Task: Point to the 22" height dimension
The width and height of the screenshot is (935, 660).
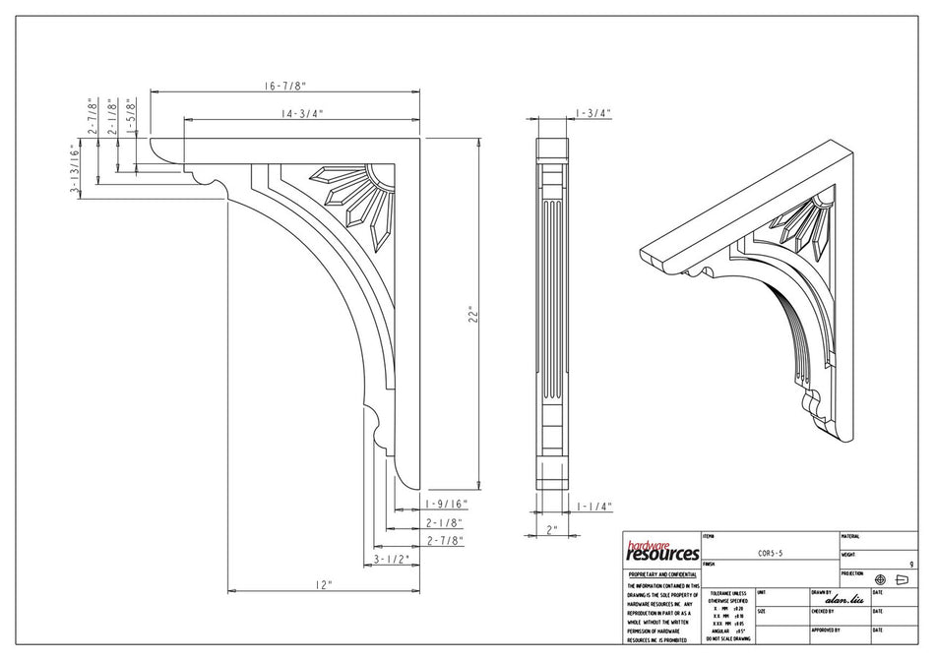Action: click(x=472, y=315)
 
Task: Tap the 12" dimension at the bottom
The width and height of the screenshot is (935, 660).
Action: click(x=324, y=584)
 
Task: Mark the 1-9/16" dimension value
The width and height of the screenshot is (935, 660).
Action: click(x=445, y=504)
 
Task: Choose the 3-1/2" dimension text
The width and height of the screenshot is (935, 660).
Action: click(x=392, y=560)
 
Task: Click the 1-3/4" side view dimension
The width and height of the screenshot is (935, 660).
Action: click(x=592, y=113)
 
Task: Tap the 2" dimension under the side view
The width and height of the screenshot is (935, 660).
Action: click(x=552, y=529)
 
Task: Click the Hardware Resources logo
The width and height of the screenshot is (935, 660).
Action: click(x=661, y=552)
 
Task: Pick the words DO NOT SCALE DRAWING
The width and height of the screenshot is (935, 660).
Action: click(x=728, y=639)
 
